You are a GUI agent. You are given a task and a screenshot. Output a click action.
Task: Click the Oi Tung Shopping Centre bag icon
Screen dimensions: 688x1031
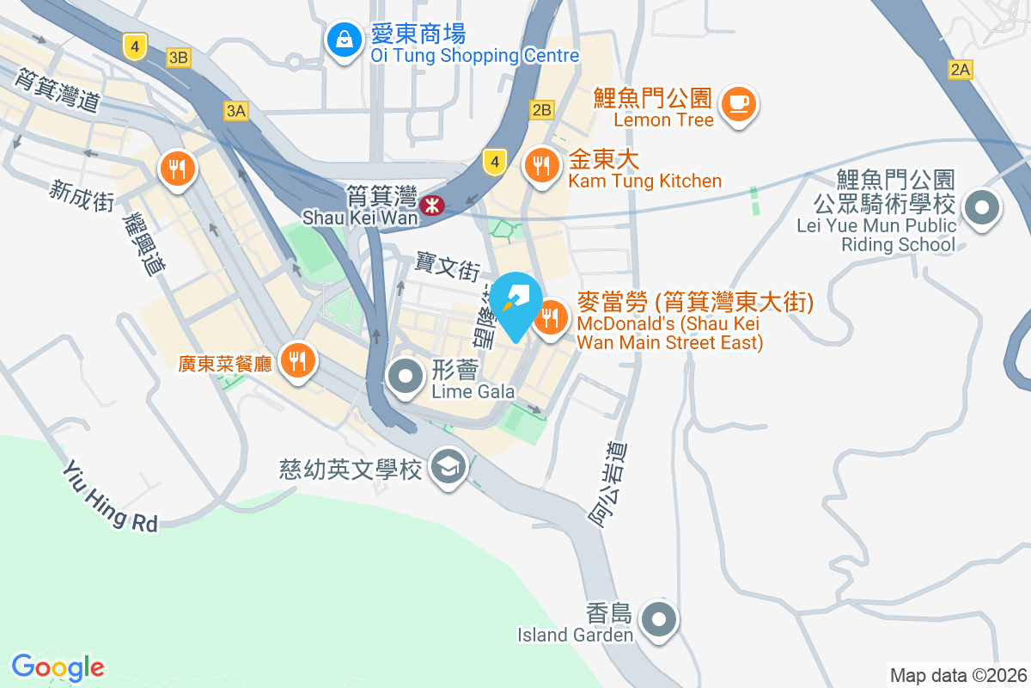[x=344, y=40]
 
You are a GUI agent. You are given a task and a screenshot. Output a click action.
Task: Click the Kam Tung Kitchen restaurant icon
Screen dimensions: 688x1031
[x=541, y=165]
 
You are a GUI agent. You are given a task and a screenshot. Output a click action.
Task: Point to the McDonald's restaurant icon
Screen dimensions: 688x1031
[x=550, y=319]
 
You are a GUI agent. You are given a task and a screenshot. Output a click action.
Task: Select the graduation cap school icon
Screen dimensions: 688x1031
[x=448, y=468]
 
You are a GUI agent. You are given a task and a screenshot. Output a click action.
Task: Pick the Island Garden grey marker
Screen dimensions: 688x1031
[x=660, y=618]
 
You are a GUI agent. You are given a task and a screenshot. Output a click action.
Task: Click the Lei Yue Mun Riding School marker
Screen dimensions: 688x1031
[x=981, y=208]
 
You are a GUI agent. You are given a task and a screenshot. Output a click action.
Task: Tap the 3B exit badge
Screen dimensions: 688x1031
[x=178, y=58]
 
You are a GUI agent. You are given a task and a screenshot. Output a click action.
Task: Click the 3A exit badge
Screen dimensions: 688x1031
[x=236, y=110]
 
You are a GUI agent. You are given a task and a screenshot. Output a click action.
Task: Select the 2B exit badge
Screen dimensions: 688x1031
[x=542, y=110]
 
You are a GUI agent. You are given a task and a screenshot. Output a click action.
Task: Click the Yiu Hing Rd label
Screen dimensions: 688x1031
[x=110, y=497]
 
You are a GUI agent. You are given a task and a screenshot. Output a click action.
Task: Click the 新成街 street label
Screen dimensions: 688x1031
[x=82, y=196]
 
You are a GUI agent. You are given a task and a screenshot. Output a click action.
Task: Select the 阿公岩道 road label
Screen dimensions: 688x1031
[x=608, y=484]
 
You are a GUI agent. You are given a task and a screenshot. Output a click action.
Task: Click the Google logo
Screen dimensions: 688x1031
[x=58, y=667]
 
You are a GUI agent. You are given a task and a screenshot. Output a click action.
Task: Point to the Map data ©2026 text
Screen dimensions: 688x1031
[x=958, y=675]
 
